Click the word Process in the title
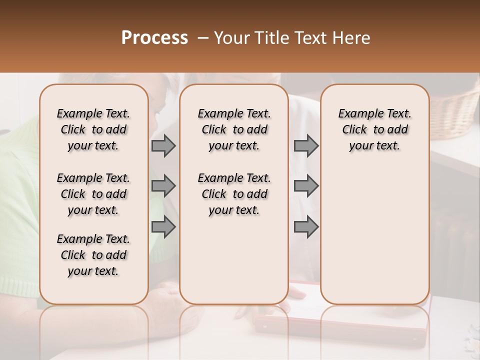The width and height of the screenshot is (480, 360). (x=154, y=38)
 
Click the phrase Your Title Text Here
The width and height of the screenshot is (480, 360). (x=292, y=38)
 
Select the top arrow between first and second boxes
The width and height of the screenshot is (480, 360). (x=163, y=146)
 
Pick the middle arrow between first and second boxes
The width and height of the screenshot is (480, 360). (x=163, y=186)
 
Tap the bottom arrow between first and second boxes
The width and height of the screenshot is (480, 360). (x=163, y=227)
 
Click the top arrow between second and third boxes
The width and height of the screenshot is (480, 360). (x=306, y=146)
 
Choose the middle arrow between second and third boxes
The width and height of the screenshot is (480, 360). (x=306, y=186)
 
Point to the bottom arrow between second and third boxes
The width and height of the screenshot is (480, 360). (x=306, y=227)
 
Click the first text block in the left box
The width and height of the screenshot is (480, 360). (x=93, y=129)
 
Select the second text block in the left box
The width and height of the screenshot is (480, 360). (x=93, y=194)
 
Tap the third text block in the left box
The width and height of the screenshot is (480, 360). (x=93, y=255)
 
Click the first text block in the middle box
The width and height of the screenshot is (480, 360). (x=234, y=129)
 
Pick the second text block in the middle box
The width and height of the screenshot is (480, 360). (x=234, y=194)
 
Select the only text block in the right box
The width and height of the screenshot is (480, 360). (x=374, y=129)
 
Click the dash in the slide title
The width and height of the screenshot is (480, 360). (x=203, y=38)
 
